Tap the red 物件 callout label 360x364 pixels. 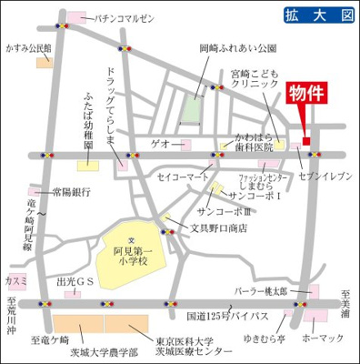tap(306, 96)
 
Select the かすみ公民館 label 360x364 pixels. tap(28, 46)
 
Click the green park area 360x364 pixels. tap(192, 109)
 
